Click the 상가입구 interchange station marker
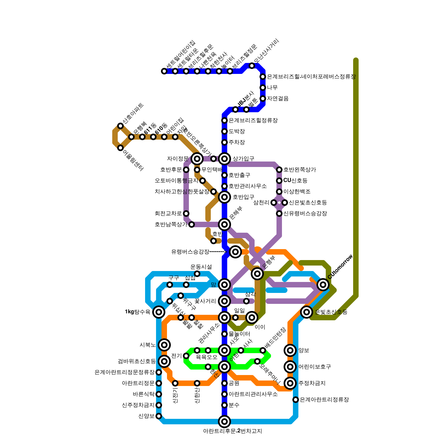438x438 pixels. point(224,159)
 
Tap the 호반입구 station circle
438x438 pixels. point(224,197)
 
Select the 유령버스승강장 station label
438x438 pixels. point(190,252)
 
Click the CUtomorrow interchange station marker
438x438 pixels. point(323,285)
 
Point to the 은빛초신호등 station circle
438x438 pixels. point(307,312)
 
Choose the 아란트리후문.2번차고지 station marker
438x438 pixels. point(224,422)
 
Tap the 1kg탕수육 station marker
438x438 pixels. point(159,312)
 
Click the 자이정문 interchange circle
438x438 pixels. point(197,159)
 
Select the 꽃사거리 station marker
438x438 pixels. point(224,301)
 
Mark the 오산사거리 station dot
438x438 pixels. point(252,66)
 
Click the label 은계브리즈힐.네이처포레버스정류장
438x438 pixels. point(311,77)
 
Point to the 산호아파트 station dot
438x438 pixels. point(120,126)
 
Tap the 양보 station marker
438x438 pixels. point(290,350)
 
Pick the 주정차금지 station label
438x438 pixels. point(312,383)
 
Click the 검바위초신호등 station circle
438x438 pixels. point(164,361)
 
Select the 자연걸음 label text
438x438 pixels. point(278,99)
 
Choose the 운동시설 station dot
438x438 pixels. point(197,274)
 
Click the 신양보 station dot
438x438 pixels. point(159,416)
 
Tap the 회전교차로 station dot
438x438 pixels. point(186,214)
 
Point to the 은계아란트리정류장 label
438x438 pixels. point(324,400)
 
